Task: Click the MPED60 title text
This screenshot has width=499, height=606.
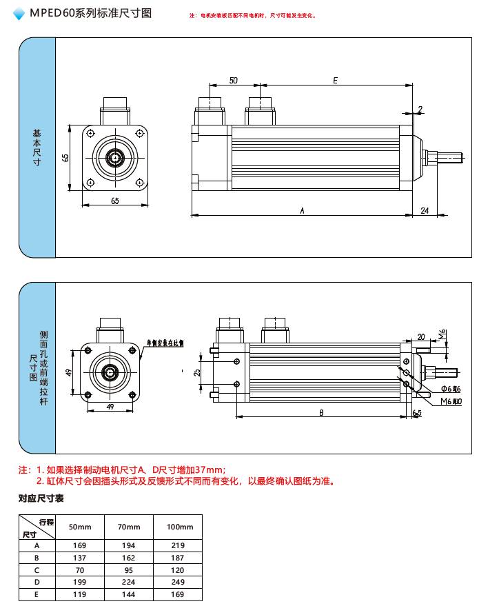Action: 90,13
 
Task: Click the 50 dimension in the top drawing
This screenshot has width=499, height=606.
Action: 234,81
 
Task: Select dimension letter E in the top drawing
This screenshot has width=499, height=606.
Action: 335,81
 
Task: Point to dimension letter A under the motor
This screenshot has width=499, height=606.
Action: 302,210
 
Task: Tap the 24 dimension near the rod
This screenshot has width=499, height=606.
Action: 425,210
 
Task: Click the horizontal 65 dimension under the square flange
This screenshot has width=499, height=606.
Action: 114,201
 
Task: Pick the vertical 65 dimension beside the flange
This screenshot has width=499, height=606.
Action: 65,157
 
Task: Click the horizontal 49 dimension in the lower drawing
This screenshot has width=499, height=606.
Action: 110,407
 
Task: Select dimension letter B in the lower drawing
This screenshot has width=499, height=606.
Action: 321,412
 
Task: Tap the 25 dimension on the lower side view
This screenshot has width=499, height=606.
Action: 197,372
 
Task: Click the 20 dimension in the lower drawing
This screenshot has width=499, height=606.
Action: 421,337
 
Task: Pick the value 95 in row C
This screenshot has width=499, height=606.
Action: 128,569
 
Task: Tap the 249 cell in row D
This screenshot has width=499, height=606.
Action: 177,582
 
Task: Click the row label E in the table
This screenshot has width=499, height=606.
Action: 37,594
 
